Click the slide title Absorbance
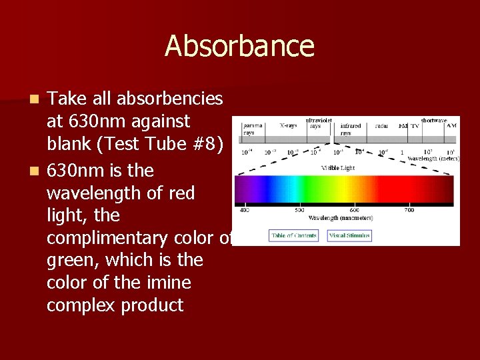pyautogui.click(x=239, y=46)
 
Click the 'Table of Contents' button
pyautogui.click(x=294, y=235)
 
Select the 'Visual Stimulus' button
pyautogui.click(x=349, y=235)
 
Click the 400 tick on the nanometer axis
pyautogui.click(x=244, y=210)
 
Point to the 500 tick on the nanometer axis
pyautogui.click(x=299, y=210)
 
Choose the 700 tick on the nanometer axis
pyautogui.click(x=409, y=210)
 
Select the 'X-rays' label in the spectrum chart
pyautogui.click(x=288, y=125)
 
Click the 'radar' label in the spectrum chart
pyautogui.click(x=381, y=125)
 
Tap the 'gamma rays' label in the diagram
pyautogui.click(x=253, y=128)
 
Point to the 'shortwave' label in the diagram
pyautogui.click(x=434, y=119)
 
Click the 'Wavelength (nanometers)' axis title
pyautogui.click(x=340, y=218)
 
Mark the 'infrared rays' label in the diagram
pyautogui.click(x=351, y=129)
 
